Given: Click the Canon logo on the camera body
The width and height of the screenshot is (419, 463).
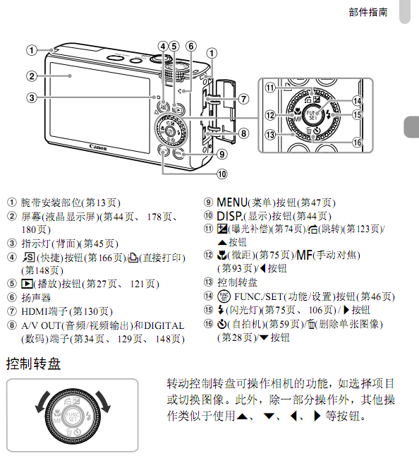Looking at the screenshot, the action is point(98,147).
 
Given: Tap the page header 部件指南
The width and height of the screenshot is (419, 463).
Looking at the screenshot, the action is point(368,12).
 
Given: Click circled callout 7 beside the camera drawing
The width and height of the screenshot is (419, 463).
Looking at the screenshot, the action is point(243,99).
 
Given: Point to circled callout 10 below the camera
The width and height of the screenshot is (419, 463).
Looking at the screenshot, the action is point(222,174).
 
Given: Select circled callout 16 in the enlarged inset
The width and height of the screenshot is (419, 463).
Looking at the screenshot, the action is point(357,143).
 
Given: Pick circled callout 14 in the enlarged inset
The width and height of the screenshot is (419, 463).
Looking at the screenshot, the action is point(357,101).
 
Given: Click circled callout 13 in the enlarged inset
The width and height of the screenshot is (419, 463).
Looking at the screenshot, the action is point(270,135).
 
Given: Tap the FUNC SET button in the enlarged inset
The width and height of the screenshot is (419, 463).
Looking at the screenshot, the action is point(312,115).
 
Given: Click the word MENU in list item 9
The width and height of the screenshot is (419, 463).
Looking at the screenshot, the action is point(232,203).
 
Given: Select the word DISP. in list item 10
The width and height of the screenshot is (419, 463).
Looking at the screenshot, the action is point(230,216).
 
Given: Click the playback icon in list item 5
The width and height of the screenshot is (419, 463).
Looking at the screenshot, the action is point(27,284).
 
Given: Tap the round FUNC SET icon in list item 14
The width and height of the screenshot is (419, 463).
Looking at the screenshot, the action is point(224,296).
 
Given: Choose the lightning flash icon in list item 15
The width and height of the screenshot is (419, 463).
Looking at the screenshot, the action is point(221,310).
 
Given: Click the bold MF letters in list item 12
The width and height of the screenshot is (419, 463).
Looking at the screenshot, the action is point(304,255).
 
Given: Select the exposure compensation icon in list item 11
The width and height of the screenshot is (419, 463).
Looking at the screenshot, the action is point(222,229).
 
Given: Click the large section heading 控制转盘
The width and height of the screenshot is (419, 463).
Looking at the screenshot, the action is point(33,363).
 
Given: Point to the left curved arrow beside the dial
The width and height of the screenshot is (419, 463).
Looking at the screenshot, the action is point(42,402).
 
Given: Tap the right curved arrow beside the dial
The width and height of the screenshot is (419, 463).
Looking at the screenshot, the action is point(104,402).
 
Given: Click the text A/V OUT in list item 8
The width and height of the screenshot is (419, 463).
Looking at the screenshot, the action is point(41,325).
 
